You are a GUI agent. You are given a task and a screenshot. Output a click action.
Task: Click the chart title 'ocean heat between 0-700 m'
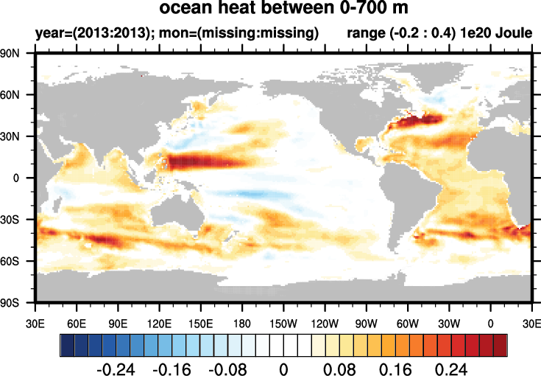coord(283,10)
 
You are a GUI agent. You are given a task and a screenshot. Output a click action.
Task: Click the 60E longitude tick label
coord(77,323)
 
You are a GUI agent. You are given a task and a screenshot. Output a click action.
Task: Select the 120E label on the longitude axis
coord(160,323)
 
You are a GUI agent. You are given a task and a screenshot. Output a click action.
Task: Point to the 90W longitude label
coord(366,323)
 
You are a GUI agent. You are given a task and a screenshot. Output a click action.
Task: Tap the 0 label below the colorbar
coord(283,369)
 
